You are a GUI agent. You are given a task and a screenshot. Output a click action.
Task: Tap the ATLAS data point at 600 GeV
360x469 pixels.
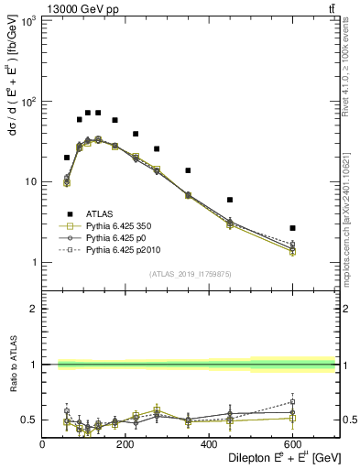click(292, 227)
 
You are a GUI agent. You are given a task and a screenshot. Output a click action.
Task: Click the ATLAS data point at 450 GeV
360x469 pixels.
click(230, 200)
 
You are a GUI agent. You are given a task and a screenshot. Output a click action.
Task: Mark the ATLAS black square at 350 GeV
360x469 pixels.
click(188, 170)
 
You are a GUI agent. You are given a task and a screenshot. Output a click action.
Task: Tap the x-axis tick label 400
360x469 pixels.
click(209, 445)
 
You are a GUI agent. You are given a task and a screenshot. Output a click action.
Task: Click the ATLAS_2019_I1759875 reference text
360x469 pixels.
click(188, 273)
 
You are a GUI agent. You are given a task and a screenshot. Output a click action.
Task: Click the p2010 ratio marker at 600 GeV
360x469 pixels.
click(292, 401)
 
